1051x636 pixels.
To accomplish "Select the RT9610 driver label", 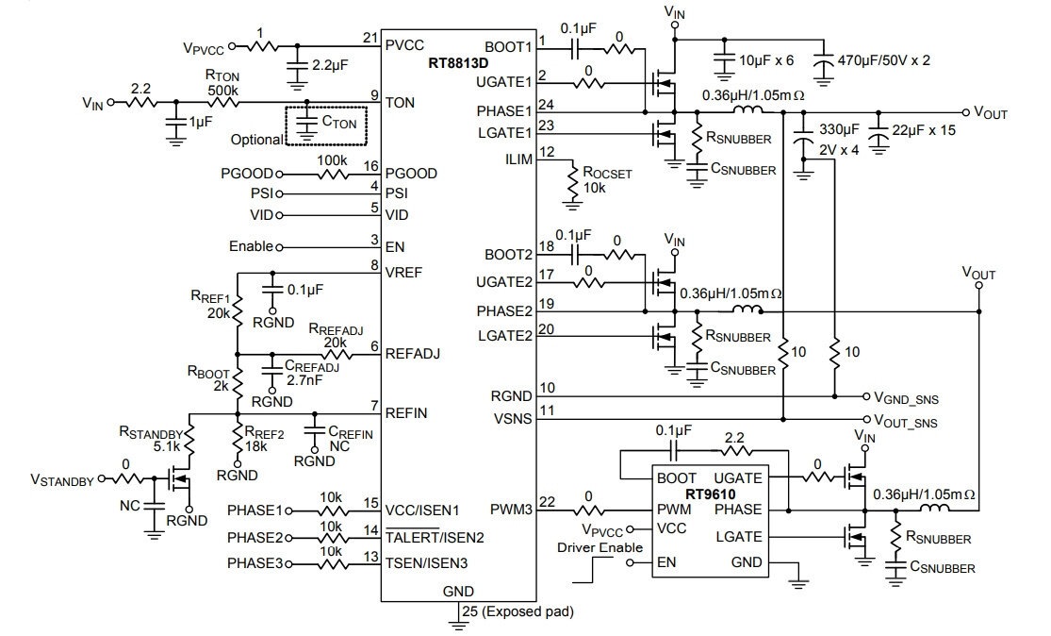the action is tap(710, 494).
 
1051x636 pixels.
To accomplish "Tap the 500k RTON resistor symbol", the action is tap(223, 103).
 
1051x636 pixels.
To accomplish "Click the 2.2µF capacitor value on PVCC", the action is tap(331, 65).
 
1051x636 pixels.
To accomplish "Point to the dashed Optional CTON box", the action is tap(326, 126).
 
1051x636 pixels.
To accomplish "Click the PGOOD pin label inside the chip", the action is tap(411, 174).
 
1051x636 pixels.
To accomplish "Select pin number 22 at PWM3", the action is tap(547, 502).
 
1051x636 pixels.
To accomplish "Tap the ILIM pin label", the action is tap(518, 159).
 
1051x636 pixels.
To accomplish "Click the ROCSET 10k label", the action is tap(607, 180).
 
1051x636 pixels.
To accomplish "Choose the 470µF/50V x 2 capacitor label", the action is tap(884, 60).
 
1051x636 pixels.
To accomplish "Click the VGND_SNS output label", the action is tap(906, 399).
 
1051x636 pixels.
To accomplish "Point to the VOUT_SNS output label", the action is tap(906, 421).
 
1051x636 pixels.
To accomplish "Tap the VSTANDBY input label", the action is tap(62, 480).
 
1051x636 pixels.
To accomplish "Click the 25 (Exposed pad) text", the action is tap(517, 611).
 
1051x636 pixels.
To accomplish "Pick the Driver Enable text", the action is tap(599, 547).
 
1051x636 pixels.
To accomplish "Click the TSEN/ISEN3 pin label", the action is tap(426, 563).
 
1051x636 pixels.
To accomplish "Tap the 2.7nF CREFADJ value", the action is tap(305, 379).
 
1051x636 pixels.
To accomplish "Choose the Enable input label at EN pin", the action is tap(252, 246).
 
